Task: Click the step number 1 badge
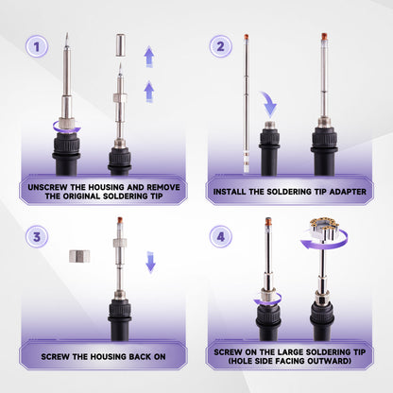(x=37, y=46)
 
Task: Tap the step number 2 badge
(x=221, y=46)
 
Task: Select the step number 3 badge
(x=37, y=236)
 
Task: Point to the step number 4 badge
(x=221, y=236)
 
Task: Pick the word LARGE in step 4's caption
(x=290, y=352)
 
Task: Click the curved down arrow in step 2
(x=268, y=103)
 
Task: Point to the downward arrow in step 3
(x=150, y=262)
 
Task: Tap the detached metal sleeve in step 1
(x=121, y=44)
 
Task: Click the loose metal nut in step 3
(x=79, y=256)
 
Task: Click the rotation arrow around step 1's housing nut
(x=67, y=128)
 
